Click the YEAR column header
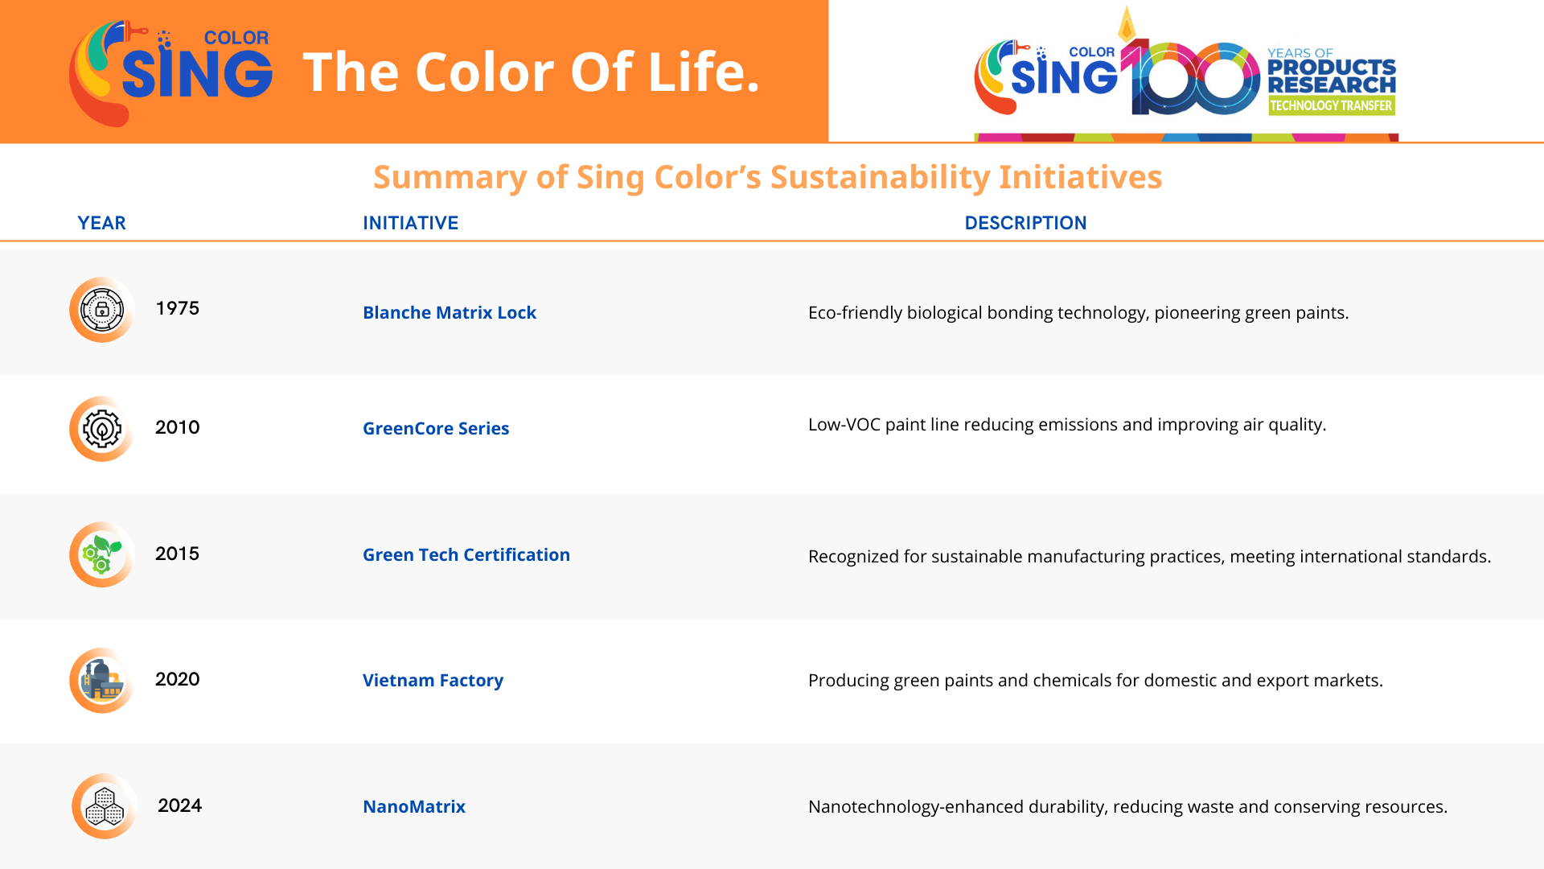(x=101, y=223)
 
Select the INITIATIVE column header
(x=410, y=223)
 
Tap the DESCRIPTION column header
(x=1025, y=223)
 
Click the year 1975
(x=177, y=308)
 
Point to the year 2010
(x=177, y=427)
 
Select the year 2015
(x=177, y=554)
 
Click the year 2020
(x=177, y=679)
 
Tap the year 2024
(x=179, y=805)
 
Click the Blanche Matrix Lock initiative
(x=450, y=312)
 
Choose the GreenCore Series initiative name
(x=436, y=428)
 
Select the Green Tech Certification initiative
(x=466, y=554)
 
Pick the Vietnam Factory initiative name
(x=433, y=681)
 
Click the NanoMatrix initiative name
(x=414, y=806)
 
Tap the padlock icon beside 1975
(x=101, y=310)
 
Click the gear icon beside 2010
(x=101, y=429)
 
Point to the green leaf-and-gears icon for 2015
(x=101, y=554)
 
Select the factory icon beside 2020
(x=101, y=681)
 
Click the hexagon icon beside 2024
(x=105, y=806)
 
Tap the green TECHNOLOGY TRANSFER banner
(x=1331, y=105)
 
